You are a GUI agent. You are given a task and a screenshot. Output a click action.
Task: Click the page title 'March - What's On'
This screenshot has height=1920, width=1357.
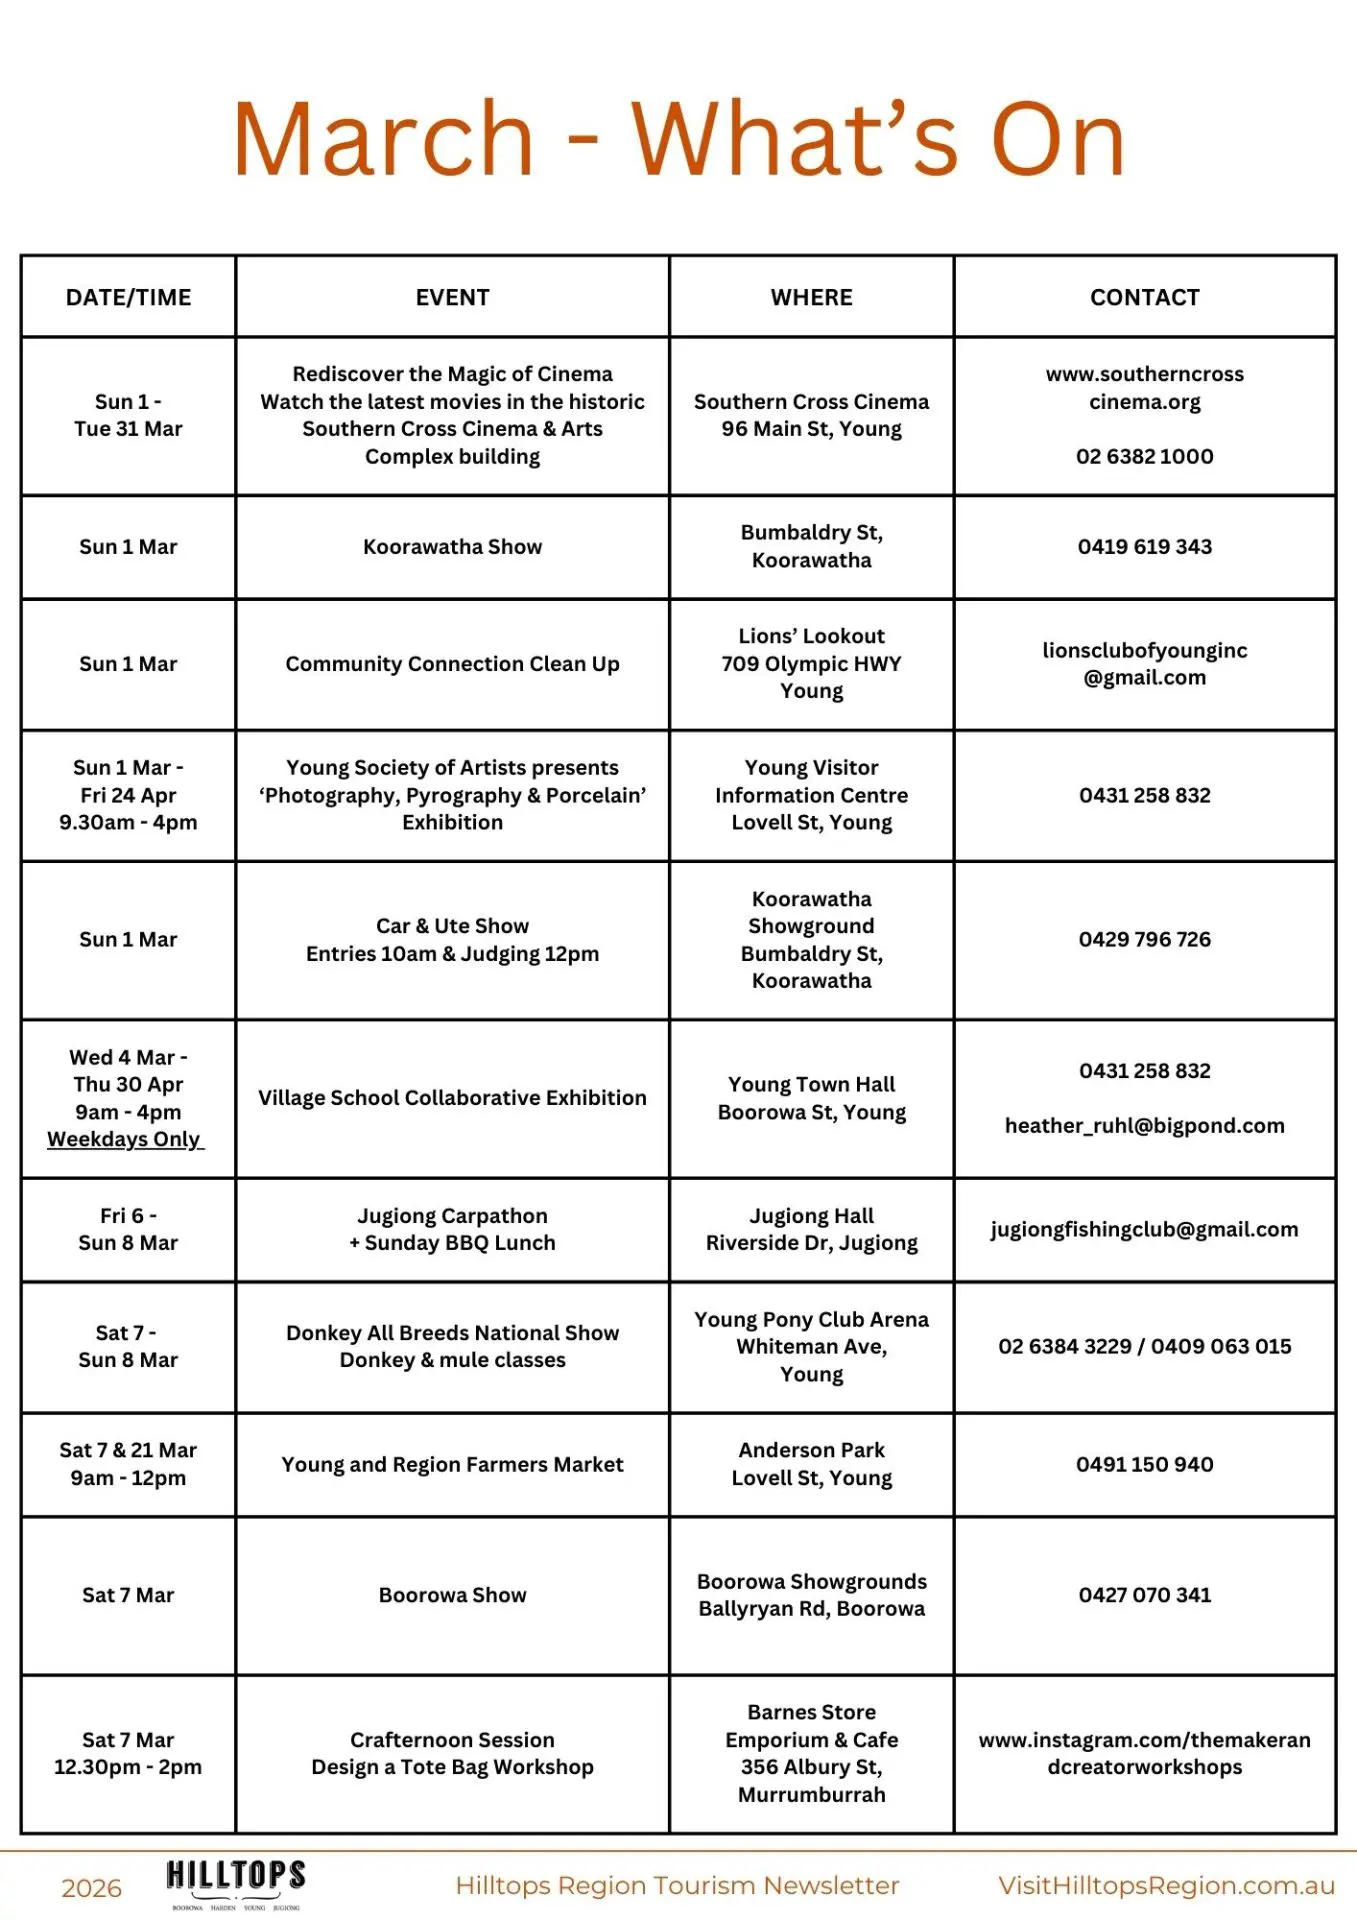(x=679, y=139)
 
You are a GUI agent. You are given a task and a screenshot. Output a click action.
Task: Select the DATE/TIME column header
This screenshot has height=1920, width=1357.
(x=128, y=297)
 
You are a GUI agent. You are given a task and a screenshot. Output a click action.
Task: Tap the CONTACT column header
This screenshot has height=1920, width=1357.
(x=1144, y=297)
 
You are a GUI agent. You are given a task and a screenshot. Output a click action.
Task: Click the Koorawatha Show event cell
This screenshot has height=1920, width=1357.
(x=452, y=547)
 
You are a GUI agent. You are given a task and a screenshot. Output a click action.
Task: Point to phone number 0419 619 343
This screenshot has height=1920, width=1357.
(x=1144, y=547)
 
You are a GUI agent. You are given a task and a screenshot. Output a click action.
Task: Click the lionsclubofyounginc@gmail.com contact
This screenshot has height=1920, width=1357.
(x=1144, y=664)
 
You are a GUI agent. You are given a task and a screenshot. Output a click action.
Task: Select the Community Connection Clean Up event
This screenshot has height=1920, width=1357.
(x=452, y=664)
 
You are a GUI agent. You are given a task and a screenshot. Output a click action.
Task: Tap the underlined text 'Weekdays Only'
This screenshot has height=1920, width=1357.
(x=125, y=1139)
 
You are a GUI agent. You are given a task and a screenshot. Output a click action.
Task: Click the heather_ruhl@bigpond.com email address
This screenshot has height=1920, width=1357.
(x=1144, y=1126)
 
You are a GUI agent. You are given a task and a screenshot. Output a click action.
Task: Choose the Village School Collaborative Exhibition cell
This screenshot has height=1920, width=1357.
(x=452, y=1098)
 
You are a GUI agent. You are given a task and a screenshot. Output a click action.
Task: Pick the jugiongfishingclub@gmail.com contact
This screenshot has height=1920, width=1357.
(x=1144, y=1230)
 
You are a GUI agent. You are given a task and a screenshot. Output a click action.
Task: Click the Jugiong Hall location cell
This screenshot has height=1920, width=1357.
(x=811, y=1229)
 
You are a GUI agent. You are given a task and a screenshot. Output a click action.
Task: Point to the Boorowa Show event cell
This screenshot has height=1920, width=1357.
(x=452, y=1595)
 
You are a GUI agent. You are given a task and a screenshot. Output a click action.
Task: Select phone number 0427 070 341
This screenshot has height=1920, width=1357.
(x=1144, y=1595)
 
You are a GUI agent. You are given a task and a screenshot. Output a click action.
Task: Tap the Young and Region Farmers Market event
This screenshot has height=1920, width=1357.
(x=452, y=1465)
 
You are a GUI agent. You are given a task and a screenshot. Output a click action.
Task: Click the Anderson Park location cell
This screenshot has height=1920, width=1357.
(x=811, y=1464)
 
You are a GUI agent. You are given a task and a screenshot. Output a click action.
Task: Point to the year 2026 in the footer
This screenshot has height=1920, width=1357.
(x=91, y=1888)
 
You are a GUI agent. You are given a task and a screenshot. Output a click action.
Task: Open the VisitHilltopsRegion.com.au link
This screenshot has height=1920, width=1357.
(x=1166, y=1886)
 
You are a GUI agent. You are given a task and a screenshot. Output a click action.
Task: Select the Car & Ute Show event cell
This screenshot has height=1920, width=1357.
(x=452, y=940)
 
